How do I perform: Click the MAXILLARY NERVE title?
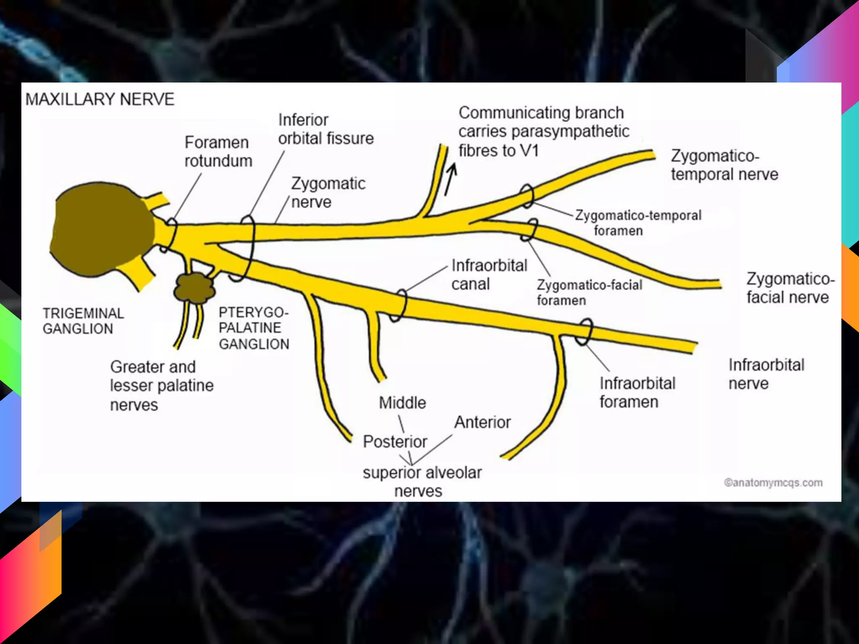[100, 100]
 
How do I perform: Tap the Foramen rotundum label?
[218, 151]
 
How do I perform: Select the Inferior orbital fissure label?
[325, 129]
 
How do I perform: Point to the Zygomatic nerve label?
[328, 192]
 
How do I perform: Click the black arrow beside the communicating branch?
[450, 179]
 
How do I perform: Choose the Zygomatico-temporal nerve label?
[724, 165]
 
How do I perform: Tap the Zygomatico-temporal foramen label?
[638, 223]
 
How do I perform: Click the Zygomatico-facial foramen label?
[589, 292]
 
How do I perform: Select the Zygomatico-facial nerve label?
[790, 288]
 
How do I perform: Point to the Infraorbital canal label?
[489, 275]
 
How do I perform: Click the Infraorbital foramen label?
[637, 392]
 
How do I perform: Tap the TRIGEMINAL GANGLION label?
[83, 321]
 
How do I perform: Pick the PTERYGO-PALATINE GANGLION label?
[254, 328]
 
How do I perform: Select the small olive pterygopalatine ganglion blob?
[194, 288]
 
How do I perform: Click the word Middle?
[402, 403]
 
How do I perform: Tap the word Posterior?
[395, 441]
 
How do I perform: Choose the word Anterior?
[482, 422]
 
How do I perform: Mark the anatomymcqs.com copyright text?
[773, 483]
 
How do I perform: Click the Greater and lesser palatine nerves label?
[161, 386]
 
